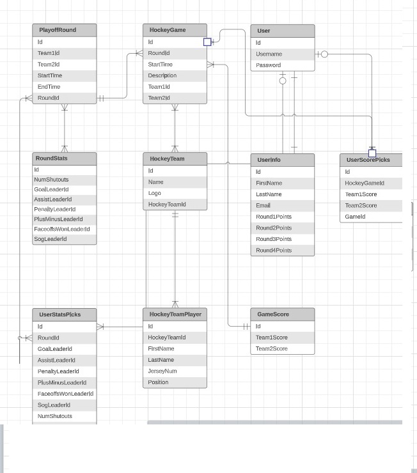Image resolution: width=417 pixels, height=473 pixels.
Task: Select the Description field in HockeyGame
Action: click(x=162, y=75)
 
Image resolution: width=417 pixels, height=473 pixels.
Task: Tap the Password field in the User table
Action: click(x=268, y=65)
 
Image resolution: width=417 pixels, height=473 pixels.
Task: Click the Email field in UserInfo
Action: click(x=263, y=205)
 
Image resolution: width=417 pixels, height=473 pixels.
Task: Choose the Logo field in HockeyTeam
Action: click(x=155, y=193)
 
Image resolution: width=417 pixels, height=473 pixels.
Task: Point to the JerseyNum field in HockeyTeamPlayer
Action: click(x=162, y=371)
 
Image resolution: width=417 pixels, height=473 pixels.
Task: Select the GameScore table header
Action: click(x=273, y=314)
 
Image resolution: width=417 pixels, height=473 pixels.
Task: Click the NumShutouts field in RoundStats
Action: click(x=51, y=180)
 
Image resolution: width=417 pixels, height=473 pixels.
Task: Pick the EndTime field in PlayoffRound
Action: click(x=49, y=87)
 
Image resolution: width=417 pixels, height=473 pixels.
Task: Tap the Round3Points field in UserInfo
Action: click(x=274, y=239)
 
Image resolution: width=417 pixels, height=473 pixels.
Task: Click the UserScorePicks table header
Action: click(x=368, y=160)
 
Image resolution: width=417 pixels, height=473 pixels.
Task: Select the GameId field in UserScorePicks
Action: click(x=355, y=217)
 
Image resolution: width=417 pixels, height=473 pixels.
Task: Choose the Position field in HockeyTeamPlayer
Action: click(x=158, y=382)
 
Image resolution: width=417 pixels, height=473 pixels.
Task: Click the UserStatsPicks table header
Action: click(x=60, y=314)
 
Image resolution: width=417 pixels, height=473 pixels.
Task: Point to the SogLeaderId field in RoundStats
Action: click(x=51, y=239)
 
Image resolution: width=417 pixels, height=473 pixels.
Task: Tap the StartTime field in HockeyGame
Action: click(x=160, y=65)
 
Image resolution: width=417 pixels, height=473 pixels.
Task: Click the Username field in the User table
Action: click(x=269, y=54)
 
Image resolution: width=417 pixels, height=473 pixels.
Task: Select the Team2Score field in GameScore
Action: click(x=272, y=348)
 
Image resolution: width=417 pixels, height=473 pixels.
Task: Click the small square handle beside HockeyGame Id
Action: click(x=207, y=42)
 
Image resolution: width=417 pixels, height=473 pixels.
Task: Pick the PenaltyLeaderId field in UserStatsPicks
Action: click(x=58, y=371)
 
